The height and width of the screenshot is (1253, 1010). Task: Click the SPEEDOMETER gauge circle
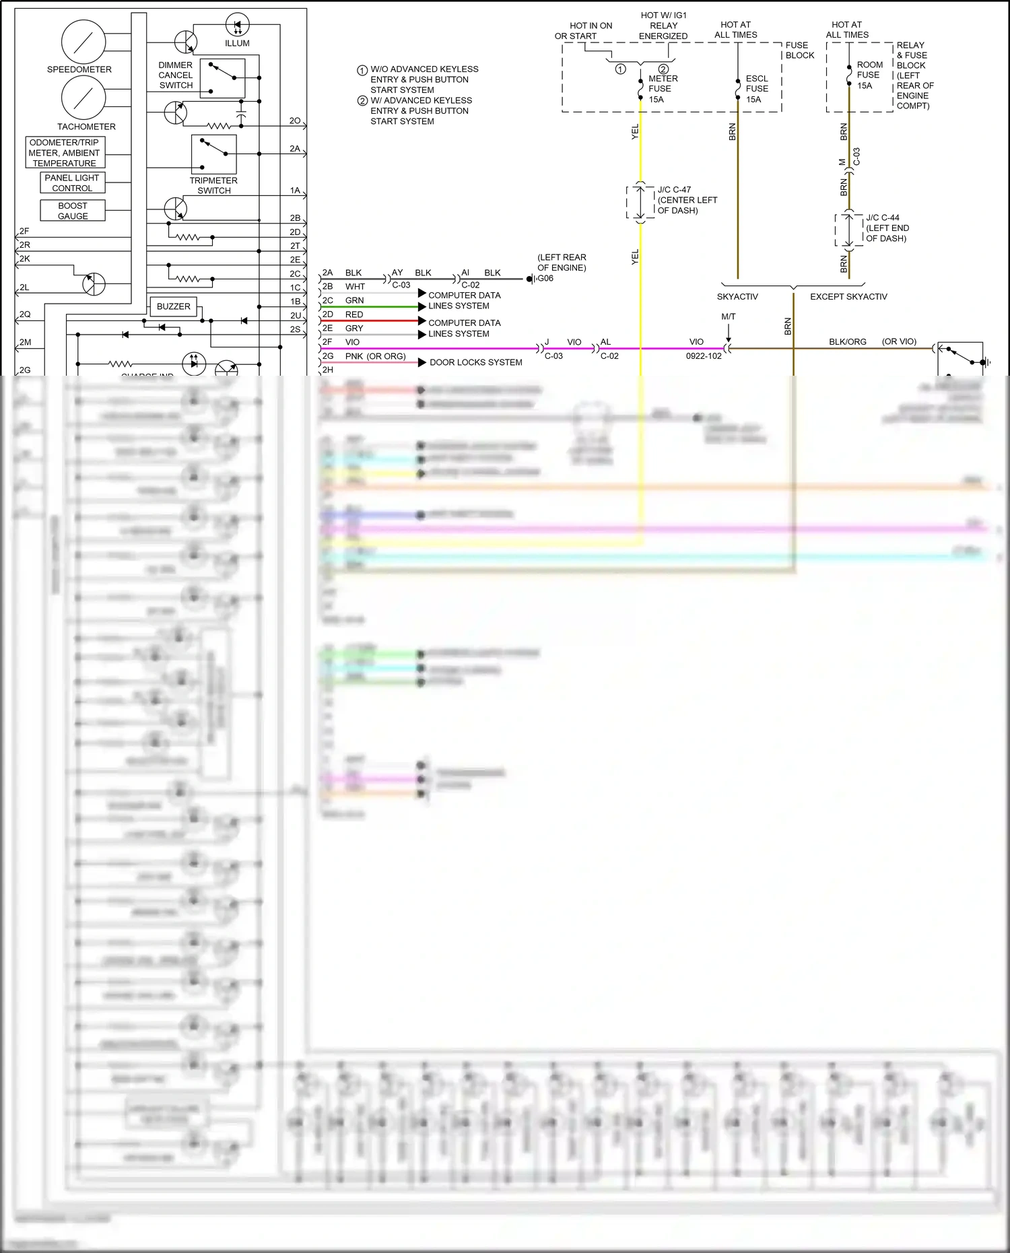click(x=83, y=42)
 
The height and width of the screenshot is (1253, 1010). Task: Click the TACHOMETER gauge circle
click(x=83, y=98)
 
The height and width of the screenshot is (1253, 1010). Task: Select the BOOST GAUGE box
click(x=73, y=211)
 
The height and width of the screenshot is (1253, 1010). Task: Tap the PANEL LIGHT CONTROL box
click(x=72, y=183)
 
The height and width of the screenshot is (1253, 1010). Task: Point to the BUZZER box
click(x=173, y=306)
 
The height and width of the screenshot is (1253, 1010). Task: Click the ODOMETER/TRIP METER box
click(x=65, y=153)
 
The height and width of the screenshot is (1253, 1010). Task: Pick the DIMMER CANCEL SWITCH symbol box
click(x=222, y=78)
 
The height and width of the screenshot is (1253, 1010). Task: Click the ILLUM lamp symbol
click(x=237, y=26)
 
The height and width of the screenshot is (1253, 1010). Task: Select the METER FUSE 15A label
click(x=662, y=89)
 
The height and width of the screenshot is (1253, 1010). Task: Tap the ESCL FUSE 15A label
click(x=756, y=89)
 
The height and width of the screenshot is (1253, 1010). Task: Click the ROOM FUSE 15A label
click(x=869, y=75)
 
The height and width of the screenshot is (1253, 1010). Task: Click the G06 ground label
click(x=545, y=278)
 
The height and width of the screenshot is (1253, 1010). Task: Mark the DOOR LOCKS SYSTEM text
click(x=475, y=362)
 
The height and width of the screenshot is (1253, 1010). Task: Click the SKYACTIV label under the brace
click(x=737, y=297)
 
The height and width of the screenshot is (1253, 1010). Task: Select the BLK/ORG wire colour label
click(x=847, y=342)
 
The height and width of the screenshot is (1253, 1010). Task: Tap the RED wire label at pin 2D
click(x=354, y=314)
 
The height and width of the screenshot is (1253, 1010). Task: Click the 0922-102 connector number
click(x=704, y=356)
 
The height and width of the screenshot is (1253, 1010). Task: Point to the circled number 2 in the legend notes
click(x=362, y=101)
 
